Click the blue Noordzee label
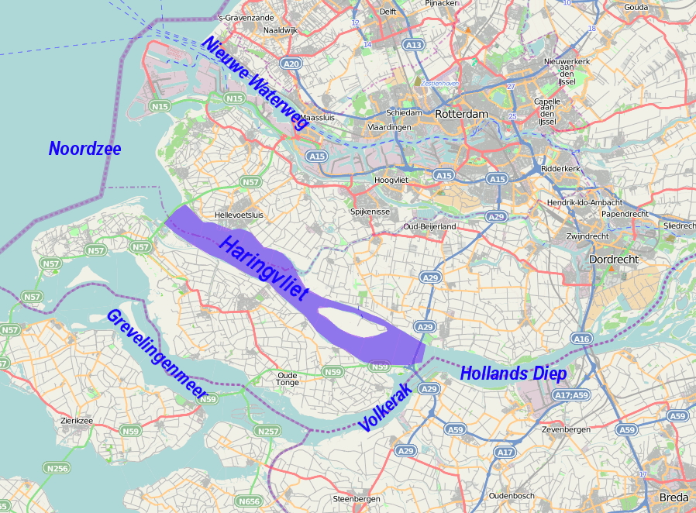pos(84,149)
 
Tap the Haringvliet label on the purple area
pos(264,270)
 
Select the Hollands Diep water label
pos(513,373)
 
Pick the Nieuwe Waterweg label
pos(255,82)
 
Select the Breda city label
pos(674,497)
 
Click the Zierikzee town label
pos(76,421)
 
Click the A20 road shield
pos(291,64)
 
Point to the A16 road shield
pos(581,339)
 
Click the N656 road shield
pos(249,501)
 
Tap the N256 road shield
pos(57,468)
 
